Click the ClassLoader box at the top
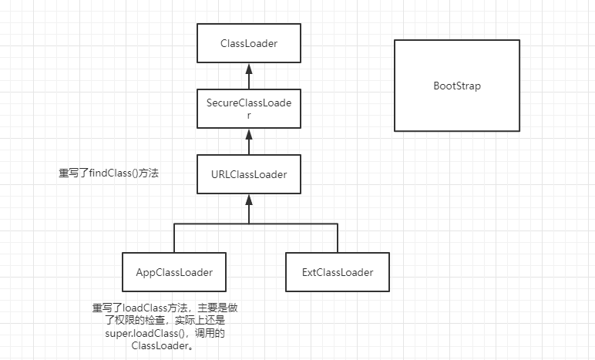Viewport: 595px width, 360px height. tap(247, 44)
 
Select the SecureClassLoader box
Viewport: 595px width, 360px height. tap(247, 109)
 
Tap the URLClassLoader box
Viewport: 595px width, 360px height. tap(247, 174)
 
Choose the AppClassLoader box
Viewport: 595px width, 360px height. tap(173, 272)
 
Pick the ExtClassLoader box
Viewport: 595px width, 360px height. tap(338, 272)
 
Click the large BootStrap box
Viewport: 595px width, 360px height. tap(456, 86)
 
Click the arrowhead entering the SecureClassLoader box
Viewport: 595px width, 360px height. tap(247, 133)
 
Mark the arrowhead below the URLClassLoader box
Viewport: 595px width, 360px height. tap(247, 199)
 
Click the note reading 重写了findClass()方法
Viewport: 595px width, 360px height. tap(108, 174)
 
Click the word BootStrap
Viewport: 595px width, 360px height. tap(456, 86)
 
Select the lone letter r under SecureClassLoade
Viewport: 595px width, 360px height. tap(247, 115)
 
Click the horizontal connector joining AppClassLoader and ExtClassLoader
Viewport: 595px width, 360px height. tap(254, 224)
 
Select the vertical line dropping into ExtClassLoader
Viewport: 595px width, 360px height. tap(336, 238)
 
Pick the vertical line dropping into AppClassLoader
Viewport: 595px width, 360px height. tap(173, 238)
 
